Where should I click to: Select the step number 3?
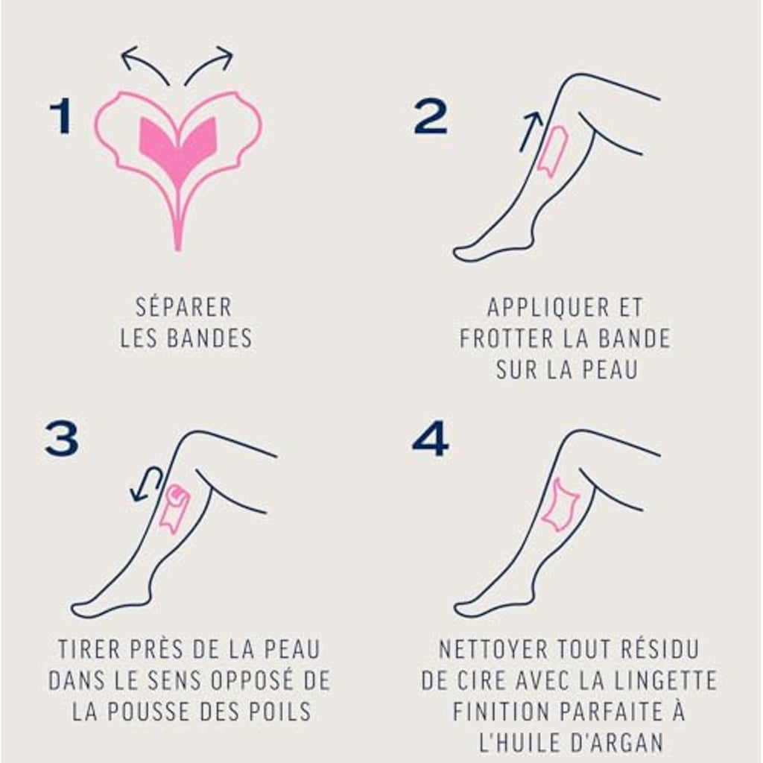click(x=62, y=438)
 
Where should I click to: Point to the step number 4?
click(x=430, y=438)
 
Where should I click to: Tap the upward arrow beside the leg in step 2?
click(x=531, y=131)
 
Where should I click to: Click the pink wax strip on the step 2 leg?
click(x=553, y=151)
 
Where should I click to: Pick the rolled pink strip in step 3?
click(x=174, y=509)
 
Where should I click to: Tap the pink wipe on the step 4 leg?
click(x=560, y=504)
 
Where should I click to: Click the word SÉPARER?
click(x=184, y=308)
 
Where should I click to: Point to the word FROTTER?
click(x=507, y=339)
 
